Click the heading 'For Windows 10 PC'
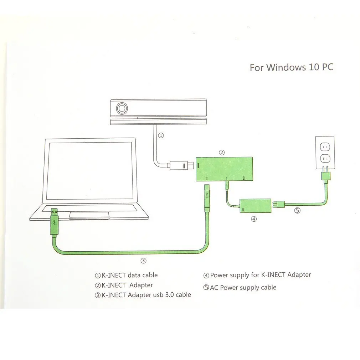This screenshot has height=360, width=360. coord(291,67)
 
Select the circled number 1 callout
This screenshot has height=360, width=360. coord(161,135)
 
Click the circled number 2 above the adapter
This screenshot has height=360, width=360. coord(222,153)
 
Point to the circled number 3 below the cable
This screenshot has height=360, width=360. coord(143,261)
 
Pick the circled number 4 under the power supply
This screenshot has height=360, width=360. coord(254,219)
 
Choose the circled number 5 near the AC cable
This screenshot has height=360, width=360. coord(297,210)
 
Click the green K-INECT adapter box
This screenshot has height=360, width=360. coord(224,169)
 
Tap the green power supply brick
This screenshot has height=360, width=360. coord(255,206)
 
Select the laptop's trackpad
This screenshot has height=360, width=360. coord(89,214)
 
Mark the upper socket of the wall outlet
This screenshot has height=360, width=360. coord(324,146)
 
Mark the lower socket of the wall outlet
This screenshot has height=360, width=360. coord(324,158)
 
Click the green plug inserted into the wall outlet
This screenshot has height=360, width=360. coord(326,176)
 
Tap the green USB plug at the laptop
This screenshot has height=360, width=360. coord(54,221)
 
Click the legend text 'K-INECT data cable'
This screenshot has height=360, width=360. coord(129,275)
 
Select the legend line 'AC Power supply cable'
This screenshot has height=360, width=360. coord(243,287)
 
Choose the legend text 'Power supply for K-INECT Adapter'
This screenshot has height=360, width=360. coord(261,275)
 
